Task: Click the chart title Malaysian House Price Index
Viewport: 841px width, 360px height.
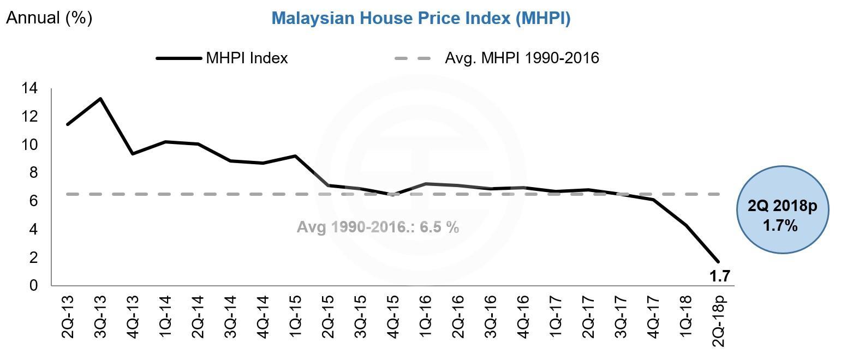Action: [x=421, y=18]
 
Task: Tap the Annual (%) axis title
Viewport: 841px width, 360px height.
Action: [x=49, y=17]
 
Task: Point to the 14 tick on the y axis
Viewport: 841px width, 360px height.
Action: [x=29, y=88]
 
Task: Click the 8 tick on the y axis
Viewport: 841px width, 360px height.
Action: [x=34, y=172]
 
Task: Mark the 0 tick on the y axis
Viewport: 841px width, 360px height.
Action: [x=34, y=285]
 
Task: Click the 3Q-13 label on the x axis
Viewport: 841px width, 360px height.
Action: [x=101, y=316]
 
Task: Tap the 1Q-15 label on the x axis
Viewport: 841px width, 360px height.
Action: [x=295, y=316]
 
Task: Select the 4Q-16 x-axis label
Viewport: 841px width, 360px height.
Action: [x=523, y=316]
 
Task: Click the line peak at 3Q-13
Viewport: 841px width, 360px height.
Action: [x=100, y=99]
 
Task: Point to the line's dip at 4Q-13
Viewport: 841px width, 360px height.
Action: [x=133, y=154]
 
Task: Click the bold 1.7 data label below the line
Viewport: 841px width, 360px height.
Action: [x=719, y=277]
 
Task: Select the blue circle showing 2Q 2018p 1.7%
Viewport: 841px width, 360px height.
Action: [x=782, y=209]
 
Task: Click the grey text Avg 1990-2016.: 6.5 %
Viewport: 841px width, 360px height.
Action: [x=378, y=227]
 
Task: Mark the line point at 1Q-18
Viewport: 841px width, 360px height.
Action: [x=685, y=225]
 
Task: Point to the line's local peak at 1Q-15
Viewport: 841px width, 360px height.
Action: [x=295, y=156]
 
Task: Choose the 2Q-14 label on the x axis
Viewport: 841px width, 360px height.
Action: [x=198, y=316]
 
